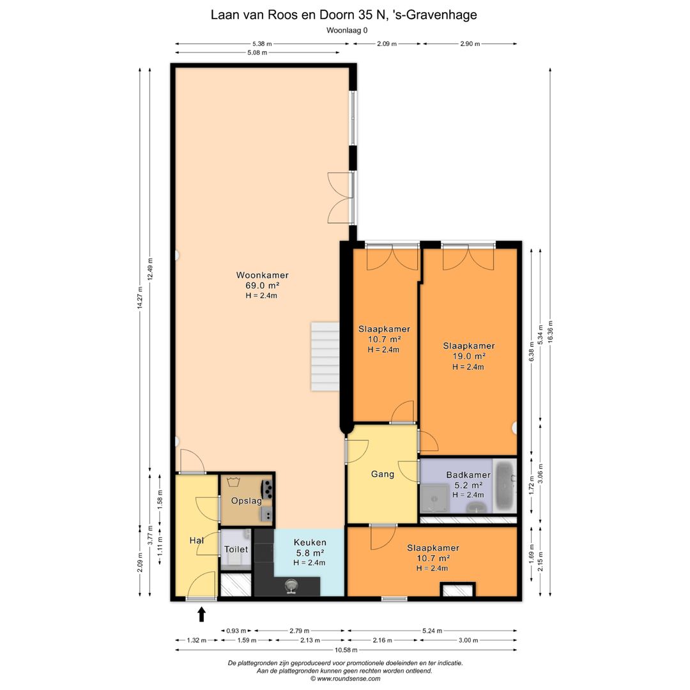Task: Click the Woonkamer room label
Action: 263,275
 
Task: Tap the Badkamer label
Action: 468,475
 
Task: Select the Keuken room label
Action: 310,542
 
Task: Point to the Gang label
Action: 383,474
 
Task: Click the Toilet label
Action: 236,549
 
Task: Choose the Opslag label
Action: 247,501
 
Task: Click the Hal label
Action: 196,540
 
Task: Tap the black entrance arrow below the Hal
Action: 201,615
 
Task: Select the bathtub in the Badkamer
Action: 504,486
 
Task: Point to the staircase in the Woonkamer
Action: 325,356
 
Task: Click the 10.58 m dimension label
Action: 346,650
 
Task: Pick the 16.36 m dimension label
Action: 550,332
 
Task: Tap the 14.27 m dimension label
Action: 140,298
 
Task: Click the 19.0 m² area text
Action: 469,356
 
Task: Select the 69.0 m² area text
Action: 263,286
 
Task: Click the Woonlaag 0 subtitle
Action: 347,31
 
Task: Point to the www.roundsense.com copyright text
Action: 346,678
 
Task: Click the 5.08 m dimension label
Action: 257,53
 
